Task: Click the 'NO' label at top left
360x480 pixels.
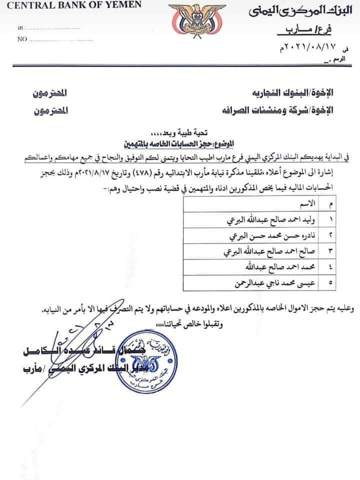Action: click(x=21, y=38)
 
